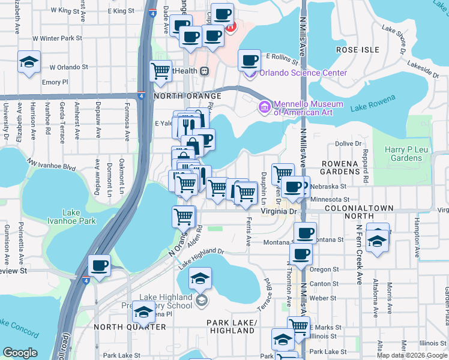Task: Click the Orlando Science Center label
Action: tap(303, 73)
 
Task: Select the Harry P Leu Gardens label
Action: tap(405, 154)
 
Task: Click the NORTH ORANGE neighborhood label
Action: tap(179, 96)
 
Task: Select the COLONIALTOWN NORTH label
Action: tap(358, 212)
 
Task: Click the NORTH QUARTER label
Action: tap(130, 327)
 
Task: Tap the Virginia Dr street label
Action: tap(279, 211)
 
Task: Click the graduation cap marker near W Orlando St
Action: tap(29, 62)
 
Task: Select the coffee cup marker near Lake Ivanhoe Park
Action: tap(99, 265)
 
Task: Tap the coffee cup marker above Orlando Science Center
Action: tap(249, 60)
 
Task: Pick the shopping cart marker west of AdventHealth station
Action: tap(161, 71)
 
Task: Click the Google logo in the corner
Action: tap(20, 353)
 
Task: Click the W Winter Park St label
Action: tap(57, 38)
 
